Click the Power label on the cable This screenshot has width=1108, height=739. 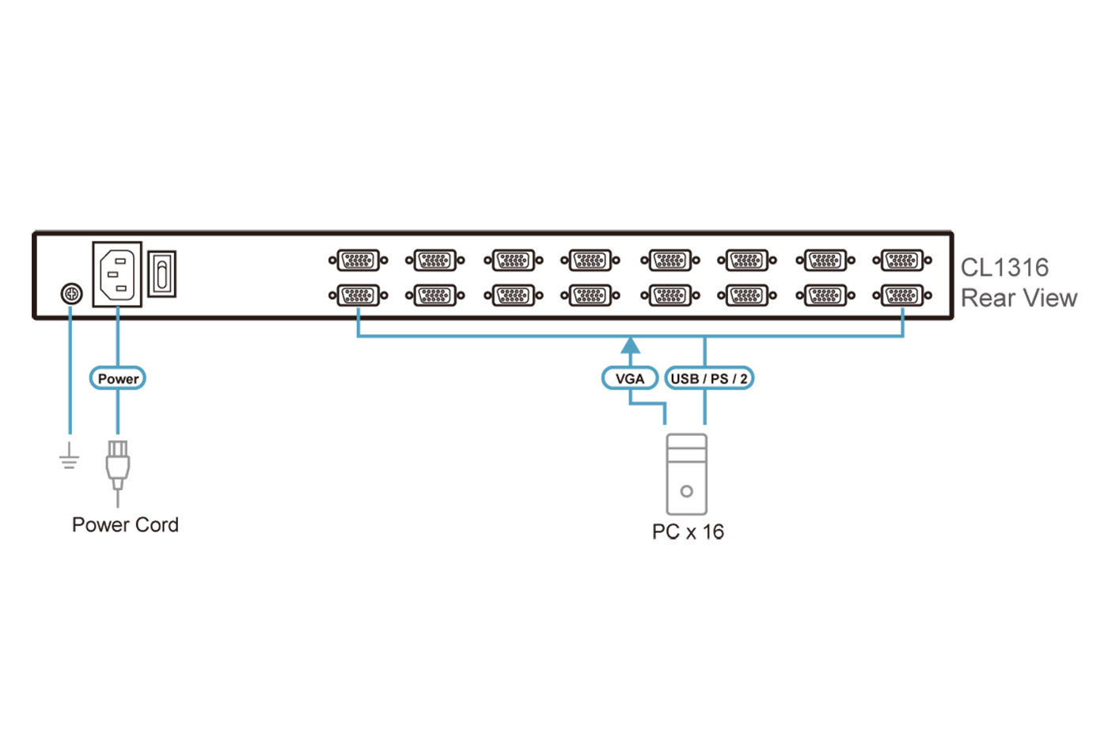coord(118,379)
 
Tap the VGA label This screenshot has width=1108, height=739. coord(630,379)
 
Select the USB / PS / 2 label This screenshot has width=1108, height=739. coord(708,379)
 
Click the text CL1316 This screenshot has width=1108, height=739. coord(1004,268)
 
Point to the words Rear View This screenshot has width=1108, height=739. coord(1019,298)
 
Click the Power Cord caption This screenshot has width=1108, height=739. coord(125,524)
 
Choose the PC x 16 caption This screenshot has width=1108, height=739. coord(688,531)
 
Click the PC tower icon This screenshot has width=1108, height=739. coord(686,474)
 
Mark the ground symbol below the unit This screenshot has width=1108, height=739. coord(70,457)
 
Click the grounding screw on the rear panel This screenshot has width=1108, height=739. coord(71,295)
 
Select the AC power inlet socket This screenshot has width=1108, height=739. coord(117,274)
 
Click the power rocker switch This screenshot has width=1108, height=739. coord(162,274)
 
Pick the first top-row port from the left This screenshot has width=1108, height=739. coord(358,260)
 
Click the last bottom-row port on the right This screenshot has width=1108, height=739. coord(902,295)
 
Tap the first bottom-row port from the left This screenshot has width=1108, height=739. coord(358,295)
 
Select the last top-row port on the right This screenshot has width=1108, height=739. coord(902,260)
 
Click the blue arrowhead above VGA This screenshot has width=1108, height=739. coord(630,345)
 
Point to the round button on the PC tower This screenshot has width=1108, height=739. coord(686,491)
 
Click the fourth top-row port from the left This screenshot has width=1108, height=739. coord(590,260)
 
